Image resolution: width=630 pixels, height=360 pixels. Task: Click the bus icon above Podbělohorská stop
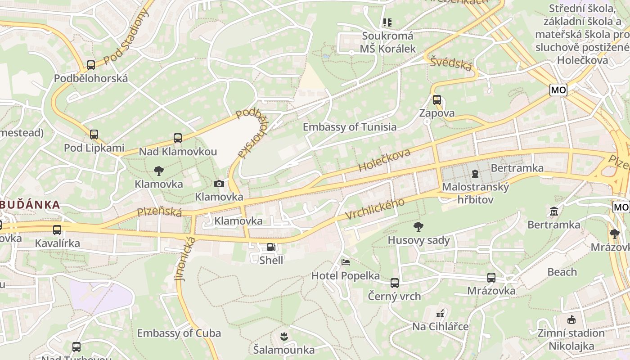pyautogui.click(x=91, y=65)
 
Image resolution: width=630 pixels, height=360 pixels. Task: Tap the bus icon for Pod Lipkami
pyautogui.click(x=94, y=134)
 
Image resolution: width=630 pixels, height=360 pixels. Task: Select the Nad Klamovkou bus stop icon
pyautogui.click(x=178, y=138)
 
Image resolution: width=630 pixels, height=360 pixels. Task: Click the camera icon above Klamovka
pyautogui.click(x=219, y=184)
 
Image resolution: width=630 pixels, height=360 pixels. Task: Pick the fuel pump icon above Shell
pyautogui.click(x=271, y=247)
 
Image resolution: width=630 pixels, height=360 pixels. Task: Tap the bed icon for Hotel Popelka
pyautogui.click(x=346, y=262)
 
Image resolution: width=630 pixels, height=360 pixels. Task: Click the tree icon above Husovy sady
pyautogui.click(x=418, y=226)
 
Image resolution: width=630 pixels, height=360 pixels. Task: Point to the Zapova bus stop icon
pyautogui.click(x=437, y=100)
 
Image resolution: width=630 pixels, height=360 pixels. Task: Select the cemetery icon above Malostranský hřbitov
pyautogui.click(x=475, y=174)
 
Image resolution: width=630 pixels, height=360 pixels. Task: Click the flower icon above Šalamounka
pyautogui.click(x=283, y=336)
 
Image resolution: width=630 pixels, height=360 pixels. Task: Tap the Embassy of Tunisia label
pyautogui.click(x=350, y=127)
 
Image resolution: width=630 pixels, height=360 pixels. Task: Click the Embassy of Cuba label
pyautogui.click(x=179, y=333)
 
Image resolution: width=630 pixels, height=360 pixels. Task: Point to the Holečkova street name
pyautogui.click(x=384, y=160)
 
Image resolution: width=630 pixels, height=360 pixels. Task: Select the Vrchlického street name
pyautogui.click(x=374, y=209)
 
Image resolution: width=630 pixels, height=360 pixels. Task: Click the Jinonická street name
pyautogui.click(x=185, y=259)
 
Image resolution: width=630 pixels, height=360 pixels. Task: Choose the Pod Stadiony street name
pyautogui.click(x=126, y=36)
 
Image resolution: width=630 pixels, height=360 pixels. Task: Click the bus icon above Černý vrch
pyautogui.click(x=395, y=283)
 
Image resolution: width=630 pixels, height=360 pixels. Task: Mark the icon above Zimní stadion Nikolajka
pyautogui.click(x=571, y=320)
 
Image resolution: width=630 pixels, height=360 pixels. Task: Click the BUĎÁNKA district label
pyautogui.click(x=30, y=205)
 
